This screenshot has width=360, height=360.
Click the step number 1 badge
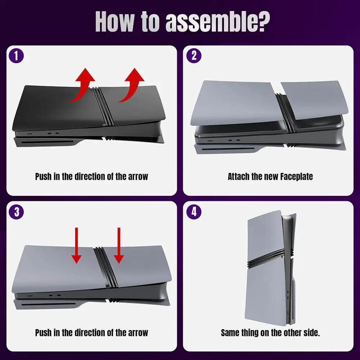click(16, 56)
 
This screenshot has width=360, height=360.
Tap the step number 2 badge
click(194, 56)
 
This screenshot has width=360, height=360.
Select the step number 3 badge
click(16, 212)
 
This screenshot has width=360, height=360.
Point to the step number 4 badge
click(194, 212)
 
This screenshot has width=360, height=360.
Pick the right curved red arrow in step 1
click(133, 85)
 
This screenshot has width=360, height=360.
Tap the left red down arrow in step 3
click(77, 245)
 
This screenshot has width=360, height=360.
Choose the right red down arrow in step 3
click(119, 245)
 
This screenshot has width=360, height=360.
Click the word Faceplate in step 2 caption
click(296, 177)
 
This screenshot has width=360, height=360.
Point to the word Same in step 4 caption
click(230, 333)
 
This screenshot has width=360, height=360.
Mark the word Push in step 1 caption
click(43, 177)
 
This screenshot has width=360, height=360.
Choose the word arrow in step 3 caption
click(138, 333)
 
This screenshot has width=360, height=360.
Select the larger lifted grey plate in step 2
click(237, 102)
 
